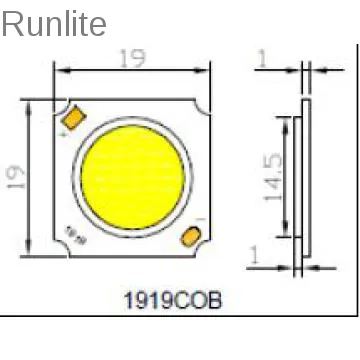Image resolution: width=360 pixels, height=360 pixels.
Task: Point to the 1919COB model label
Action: click(x=171, y=298)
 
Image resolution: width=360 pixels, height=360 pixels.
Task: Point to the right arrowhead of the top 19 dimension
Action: click(x=207, y=70)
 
